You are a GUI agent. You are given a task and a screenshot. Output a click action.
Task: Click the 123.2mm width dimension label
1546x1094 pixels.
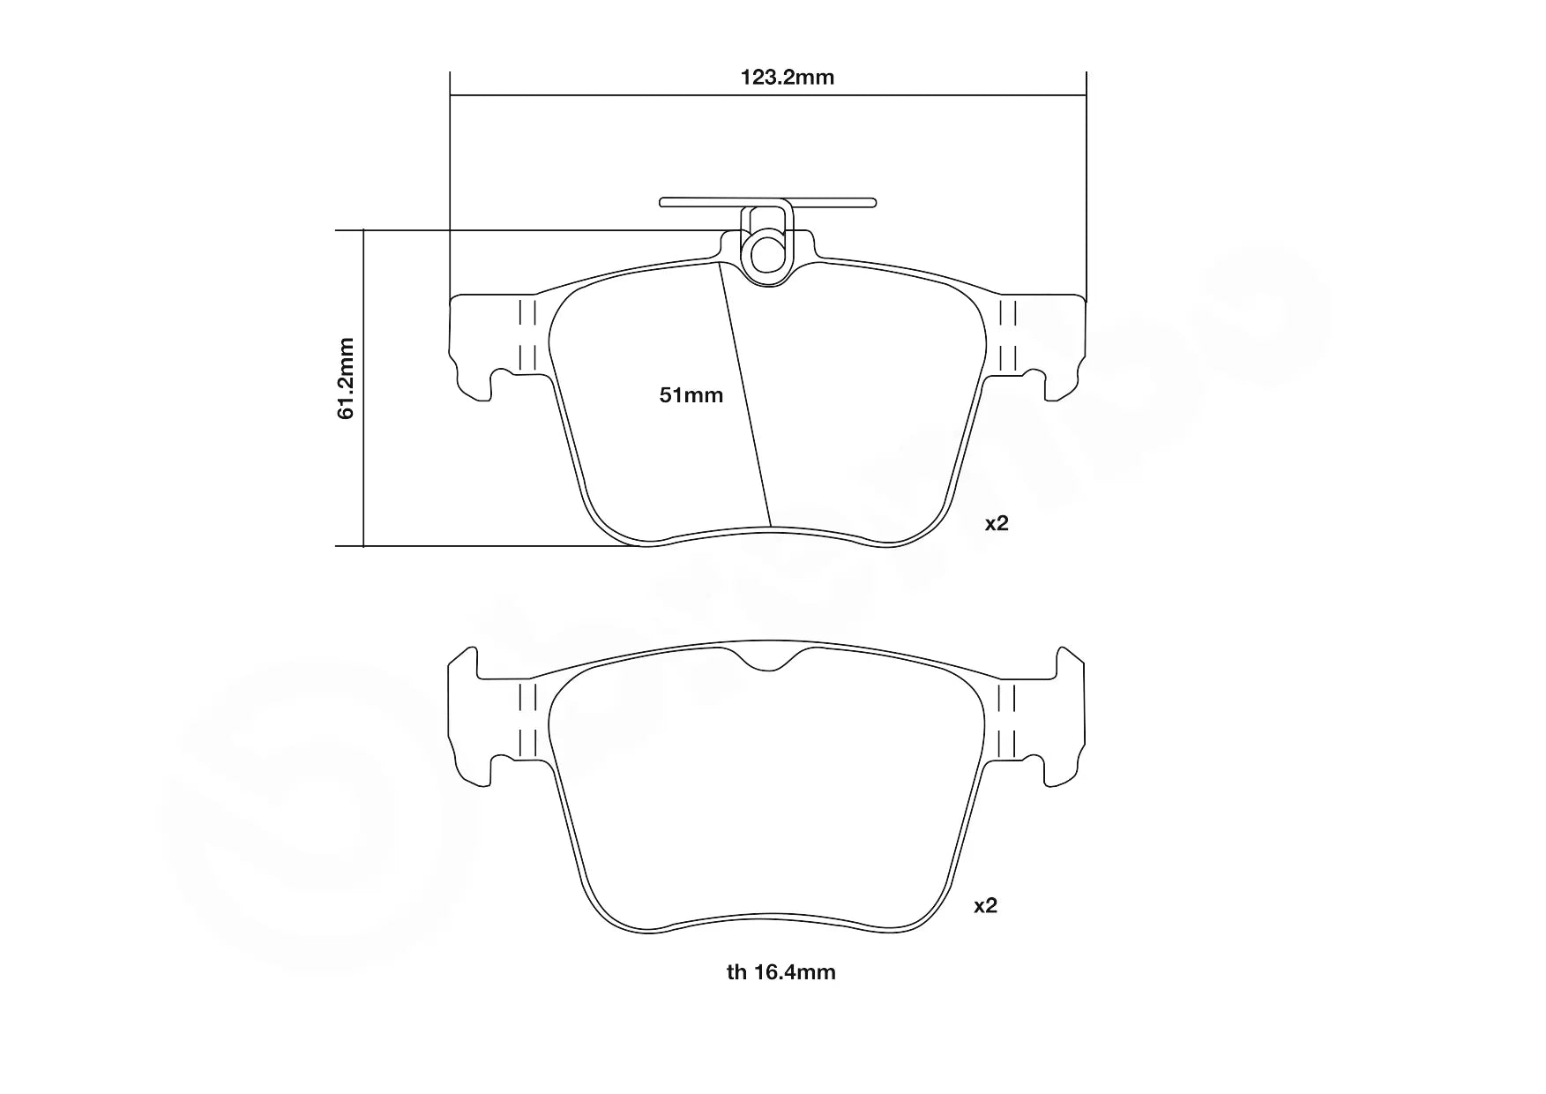click(787, 78)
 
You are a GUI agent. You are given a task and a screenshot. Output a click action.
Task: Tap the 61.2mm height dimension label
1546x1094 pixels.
click(346, 378)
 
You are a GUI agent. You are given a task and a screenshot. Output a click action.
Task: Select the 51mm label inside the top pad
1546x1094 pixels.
click(691, 395)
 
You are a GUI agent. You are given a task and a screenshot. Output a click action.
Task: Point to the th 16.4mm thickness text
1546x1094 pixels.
click(780, 972)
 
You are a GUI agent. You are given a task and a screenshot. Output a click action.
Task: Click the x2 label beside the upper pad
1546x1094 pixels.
click(996, 523)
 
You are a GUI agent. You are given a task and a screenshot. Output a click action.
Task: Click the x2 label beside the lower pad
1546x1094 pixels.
click(985, 905)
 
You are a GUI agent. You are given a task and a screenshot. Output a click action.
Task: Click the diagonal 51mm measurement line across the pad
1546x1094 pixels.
click(746, 397)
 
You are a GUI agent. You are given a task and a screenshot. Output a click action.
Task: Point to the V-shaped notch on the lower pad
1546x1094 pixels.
click(773, 660)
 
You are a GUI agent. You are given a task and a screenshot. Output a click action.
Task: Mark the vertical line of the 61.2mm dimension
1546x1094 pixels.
click(363, 459)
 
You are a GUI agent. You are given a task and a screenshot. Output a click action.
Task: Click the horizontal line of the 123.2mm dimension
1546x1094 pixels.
click(617, 94)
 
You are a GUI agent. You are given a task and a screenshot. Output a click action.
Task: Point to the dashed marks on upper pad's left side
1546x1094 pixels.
click(527, 335)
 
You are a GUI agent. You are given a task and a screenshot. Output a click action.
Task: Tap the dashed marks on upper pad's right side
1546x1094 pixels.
click(1007, 335)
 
